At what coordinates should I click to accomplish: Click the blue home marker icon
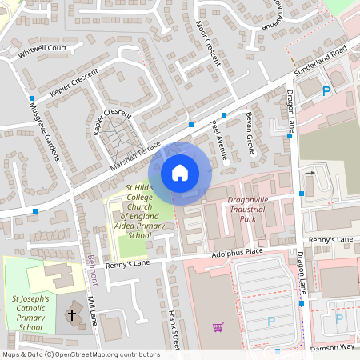tap(179, 173)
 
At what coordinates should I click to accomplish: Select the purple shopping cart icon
tap(218, 326)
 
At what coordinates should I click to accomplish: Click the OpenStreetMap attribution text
tap(80, 354)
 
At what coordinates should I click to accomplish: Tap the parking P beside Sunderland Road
tap(326, 91)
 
